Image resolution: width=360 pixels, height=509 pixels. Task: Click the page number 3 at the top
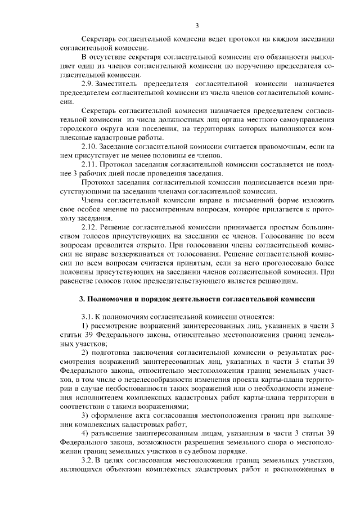click(197, 25)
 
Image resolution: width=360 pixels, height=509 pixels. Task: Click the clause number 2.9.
click(89, 84)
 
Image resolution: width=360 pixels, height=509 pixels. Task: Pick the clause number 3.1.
click(88, 317)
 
